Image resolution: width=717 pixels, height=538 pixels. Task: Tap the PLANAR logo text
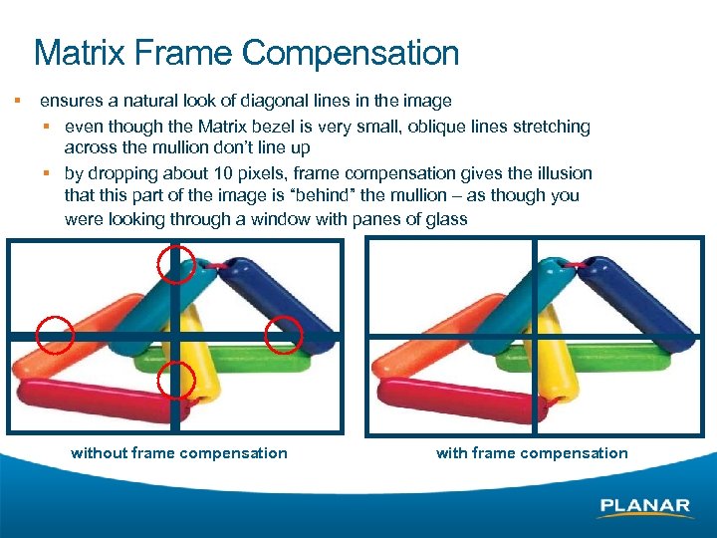[644, 506]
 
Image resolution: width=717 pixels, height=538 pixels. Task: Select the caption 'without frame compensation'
[179, 453]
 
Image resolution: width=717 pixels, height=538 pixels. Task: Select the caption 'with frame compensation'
[532, 453]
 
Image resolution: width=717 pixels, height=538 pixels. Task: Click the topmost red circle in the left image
[176, 264]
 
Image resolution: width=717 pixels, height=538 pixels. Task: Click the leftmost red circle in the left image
[55, 335]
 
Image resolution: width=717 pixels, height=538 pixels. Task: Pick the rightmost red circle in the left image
[285, 334]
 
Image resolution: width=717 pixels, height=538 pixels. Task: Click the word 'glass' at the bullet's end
[446, 219]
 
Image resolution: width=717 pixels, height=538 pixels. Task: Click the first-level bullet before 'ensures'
[17, 101]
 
